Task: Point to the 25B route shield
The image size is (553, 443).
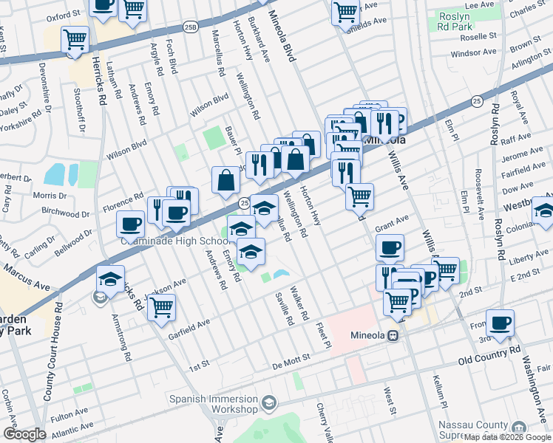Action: tap(191, 27)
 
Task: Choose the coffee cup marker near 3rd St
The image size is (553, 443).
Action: tap(501, 322)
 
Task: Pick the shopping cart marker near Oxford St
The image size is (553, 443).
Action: tap(132, 9)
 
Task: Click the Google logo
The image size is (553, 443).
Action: tap(24, 434)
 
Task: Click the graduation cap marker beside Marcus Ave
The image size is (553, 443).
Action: tap(110, 279)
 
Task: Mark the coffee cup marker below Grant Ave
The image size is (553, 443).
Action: tap(390, 247)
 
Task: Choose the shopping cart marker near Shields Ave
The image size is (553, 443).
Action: tap(345, 11)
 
